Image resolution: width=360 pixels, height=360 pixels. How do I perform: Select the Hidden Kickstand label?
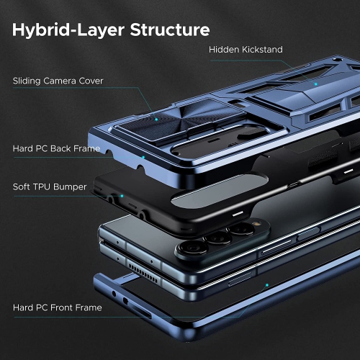click(246, 50)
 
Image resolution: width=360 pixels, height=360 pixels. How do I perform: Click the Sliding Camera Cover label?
click(58, 81)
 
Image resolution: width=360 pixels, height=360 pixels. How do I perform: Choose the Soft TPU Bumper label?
click(50, 186)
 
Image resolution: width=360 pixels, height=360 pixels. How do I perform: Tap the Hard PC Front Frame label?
click(57, 307)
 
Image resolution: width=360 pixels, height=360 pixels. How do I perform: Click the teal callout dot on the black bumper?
click(122, 195)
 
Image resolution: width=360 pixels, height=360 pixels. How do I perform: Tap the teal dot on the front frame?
click(267, 285)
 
